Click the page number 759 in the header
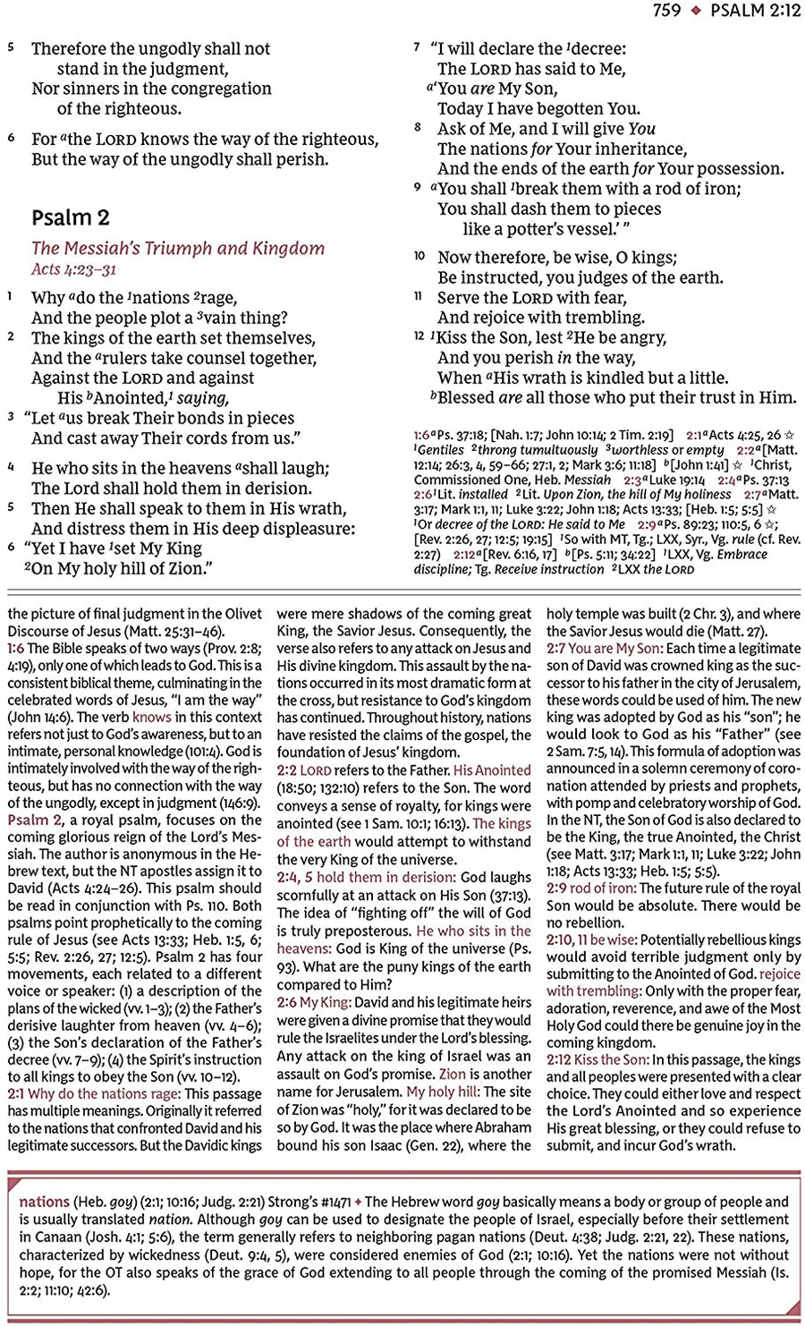tap(667, 11)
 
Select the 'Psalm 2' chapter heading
tap(70, 217)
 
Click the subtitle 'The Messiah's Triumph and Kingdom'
tap(178, 249)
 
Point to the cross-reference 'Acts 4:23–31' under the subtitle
tap(73, 269)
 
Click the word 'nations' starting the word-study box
tap(44, 1202)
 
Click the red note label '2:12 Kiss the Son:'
tap(597, 1059)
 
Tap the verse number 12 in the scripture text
tap(419, 336)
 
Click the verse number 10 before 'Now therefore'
tap(419, 256)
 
